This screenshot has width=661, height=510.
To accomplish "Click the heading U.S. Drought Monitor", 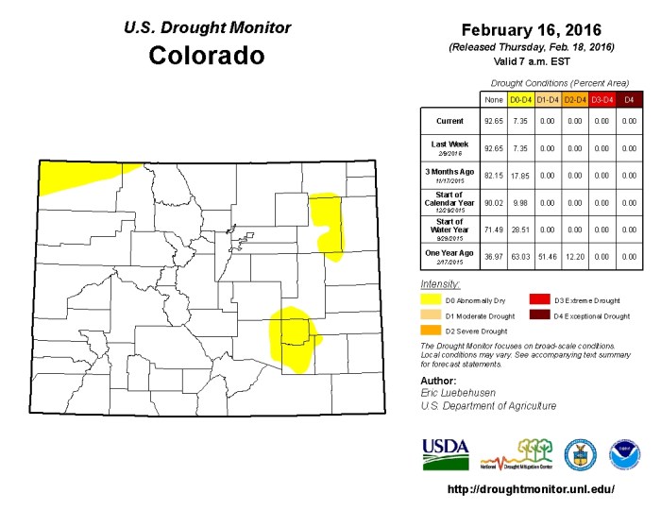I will point(207,28).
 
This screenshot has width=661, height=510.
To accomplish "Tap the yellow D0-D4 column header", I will point(520,98).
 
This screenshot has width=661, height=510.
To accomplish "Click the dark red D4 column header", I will point(630,98).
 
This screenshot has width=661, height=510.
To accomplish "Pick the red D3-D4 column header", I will point(602,98).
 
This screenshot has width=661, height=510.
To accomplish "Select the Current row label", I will point(449,121).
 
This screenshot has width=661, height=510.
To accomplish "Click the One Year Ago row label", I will point(449,254).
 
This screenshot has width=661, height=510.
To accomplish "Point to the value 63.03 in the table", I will point(520,254).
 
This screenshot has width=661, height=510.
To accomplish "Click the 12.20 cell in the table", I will point(575,254).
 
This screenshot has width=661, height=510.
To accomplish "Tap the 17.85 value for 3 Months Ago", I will point(520,175).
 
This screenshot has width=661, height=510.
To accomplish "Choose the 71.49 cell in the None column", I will point(493,228).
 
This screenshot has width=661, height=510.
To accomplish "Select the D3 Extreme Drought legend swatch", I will point(540,299).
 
